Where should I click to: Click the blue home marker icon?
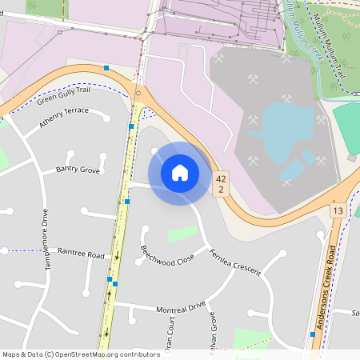point(179,173)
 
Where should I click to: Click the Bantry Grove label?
point(78,170)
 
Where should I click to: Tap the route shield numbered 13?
point(338,210)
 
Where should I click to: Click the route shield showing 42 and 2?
point(221,184)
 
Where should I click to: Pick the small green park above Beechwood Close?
point(183,234)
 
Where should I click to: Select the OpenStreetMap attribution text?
point(81,354)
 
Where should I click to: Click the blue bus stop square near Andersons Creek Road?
point(312,334)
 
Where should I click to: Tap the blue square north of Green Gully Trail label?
point(106,68)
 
